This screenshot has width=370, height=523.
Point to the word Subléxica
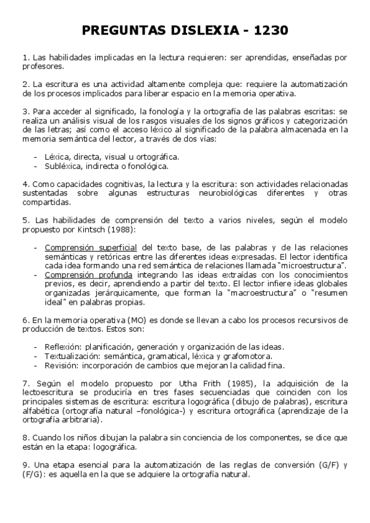(64, 166)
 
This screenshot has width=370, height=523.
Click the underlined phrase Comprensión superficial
(90, 248)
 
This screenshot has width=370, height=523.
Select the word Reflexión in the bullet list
(63, 347)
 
